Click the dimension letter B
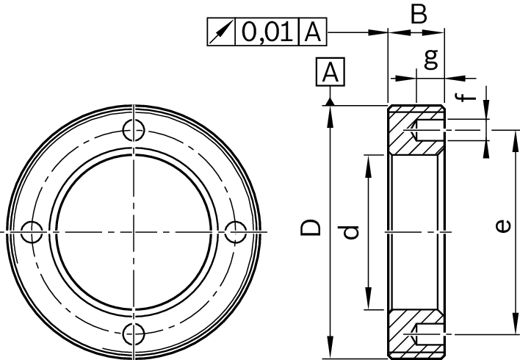(x=419, y=15)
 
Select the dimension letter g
(x=432, y=58)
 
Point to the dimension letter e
(x=505, y=226)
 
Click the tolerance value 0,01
(x=267, y=33)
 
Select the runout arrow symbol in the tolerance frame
(x=223, y=33)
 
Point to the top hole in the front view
(x=133, y=130)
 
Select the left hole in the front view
(x=31, y=232)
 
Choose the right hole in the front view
(x=235, y=232)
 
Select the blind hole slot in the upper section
(x=429, y=133)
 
